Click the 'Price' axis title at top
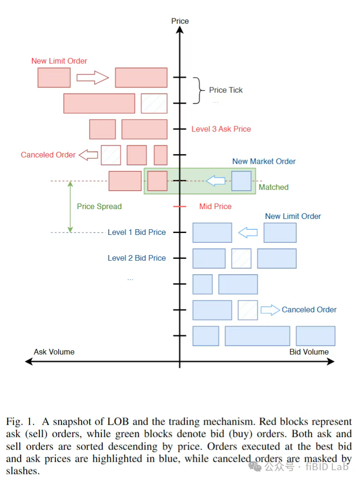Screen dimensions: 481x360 [180, 21]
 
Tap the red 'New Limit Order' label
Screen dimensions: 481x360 [59, 61]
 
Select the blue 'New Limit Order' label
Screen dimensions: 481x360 [293, 216]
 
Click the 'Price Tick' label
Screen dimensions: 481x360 [226, 90]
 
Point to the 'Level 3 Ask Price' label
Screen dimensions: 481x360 [221, 129]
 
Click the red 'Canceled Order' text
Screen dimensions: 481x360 [48, 155]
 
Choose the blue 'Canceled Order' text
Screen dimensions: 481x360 [309, 309]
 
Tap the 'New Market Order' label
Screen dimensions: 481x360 [264, 161]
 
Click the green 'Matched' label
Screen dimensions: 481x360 [274, 187]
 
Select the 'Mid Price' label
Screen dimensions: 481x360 [215, 206]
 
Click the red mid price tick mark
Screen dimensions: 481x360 [180, 206]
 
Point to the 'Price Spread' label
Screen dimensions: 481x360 [99, 206]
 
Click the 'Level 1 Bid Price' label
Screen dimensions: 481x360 [137, 232]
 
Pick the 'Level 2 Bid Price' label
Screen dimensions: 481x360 [137, 258]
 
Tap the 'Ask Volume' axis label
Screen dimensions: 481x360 [54, 352]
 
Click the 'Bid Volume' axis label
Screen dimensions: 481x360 [308, 352]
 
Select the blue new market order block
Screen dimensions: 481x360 [241, 181]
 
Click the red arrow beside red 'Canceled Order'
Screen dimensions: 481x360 [88, 155]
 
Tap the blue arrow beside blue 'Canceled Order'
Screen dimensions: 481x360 [270, 309]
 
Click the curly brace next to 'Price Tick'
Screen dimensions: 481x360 [200, 90]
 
